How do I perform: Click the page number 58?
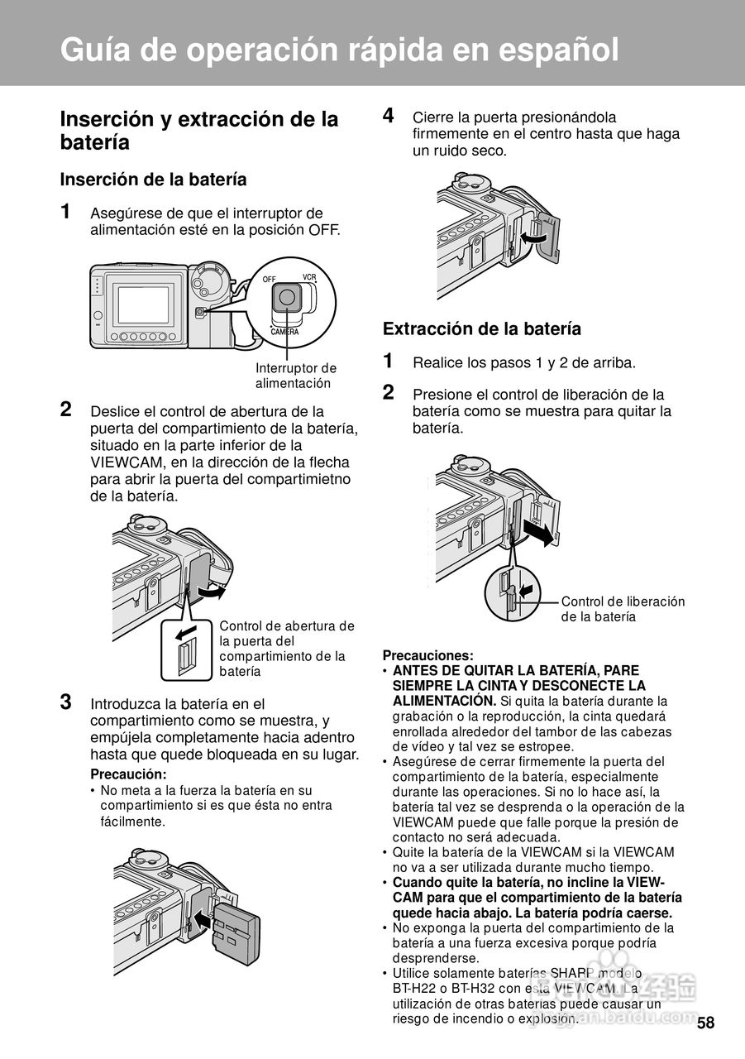tap(706, 1023)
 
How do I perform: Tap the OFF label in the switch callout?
tap(270, 280)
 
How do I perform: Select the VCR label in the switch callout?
tap(309, 277)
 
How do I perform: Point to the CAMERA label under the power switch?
tap(285, 332)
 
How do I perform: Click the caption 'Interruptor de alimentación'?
tap(296, 376)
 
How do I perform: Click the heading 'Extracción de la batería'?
tap(482, 329)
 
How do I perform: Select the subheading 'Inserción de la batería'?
tap(154, 180)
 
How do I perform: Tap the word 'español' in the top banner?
tap(559, 50)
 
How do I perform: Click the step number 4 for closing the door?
tap(389, 115)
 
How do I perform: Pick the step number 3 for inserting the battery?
tap(66, 702)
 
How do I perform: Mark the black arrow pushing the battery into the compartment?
tap(203, 919)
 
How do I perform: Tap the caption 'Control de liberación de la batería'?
tap(623, 609)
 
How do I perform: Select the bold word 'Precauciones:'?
tap(428, 656)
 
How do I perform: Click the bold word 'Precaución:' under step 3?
tap(128, 774)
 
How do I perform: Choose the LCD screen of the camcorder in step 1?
tap(143, 305)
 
